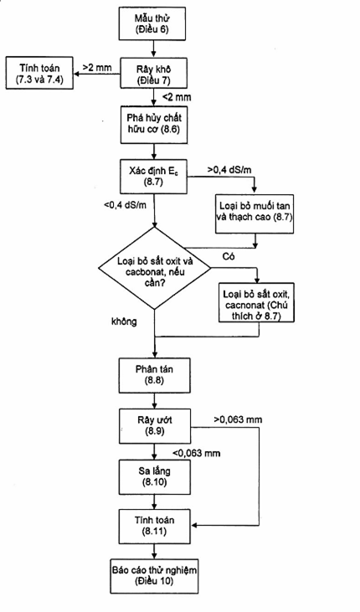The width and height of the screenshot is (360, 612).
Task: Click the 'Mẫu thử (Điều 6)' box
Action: [x=152, y=23]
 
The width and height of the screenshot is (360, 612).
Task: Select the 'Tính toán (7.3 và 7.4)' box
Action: [x=39, y=73]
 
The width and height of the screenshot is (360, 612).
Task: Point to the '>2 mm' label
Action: [x=97, y=68]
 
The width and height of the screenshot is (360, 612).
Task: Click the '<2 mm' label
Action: [x=177, y=97]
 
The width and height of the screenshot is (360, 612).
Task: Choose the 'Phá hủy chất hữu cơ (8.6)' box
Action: [x=154, y=124]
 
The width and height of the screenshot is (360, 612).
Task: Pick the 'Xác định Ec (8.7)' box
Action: [x=154, y=176]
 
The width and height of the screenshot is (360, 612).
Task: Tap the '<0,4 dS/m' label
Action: [x=126, y=205]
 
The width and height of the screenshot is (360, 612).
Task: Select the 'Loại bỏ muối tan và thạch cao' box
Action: [x=255, y=211]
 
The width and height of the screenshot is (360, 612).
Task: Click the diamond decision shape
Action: [x=154, y=268]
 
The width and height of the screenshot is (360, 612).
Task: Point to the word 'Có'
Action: [x=228, y=257]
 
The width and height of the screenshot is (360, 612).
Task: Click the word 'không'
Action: [x=124, y=321]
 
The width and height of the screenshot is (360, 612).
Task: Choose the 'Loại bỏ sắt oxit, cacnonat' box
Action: [x=256, y=301]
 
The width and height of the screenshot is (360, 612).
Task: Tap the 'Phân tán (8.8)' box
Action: [x=155, y=375]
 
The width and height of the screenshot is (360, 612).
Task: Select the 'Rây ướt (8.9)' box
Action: [x=155, y=426]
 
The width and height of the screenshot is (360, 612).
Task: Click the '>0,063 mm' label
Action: [x=238, y=420]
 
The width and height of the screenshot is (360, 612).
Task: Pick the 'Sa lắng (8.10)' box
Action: [x=155, y=477]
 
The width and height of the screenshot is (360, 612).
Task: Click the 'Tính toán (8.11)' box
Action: [x=155, y=527]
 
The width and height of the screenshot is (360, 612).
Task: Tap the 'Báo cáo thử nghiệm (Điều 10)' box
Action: [x=154, y=576]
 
